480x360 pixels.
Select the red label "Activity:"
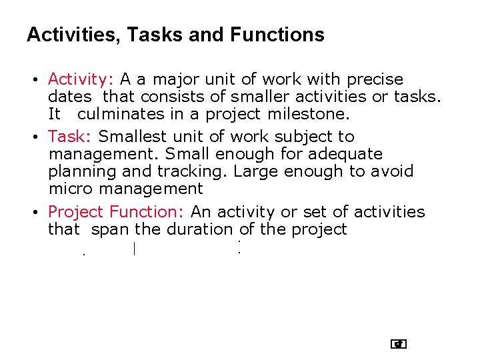coord(81,80)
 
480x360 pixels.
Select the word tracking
coord(199,171)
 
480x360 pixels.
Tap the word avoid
coord(392,171)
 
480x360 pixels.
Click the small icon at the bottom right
coord(399,344)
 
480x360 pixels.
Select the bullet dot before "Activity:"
coord(33,81)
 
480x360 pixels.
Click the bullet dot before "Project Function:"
coord(33,213)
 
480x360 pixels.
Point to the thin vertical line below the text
coord(134,250)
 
